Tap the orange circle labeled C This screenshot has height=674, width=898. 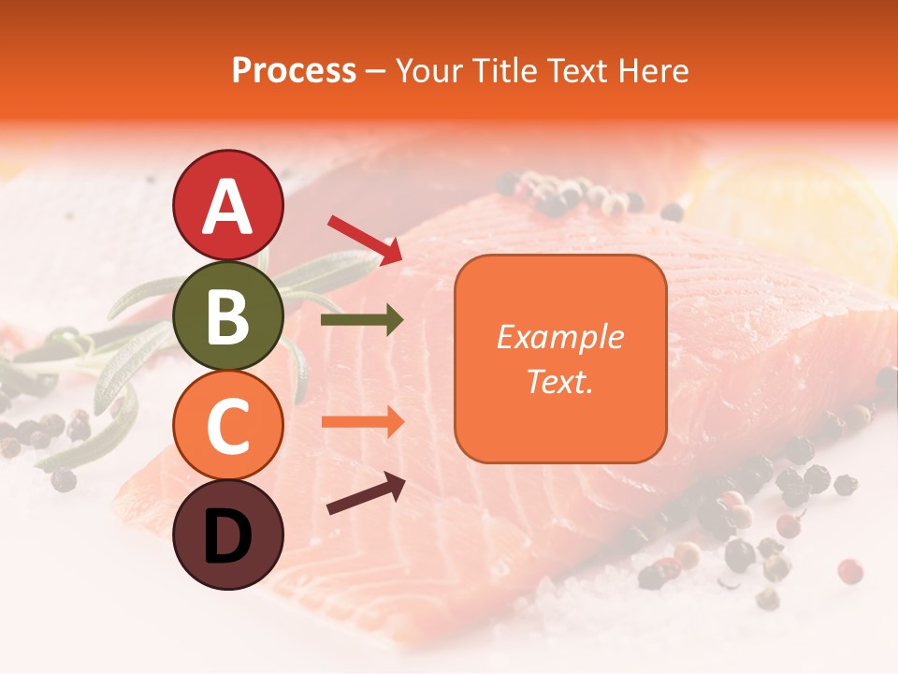click(x=227, y=425)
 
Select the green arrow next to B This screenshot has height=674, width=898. click(x=362, y=321)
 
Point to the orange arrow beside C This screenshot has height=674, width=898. click(x=362, y=421)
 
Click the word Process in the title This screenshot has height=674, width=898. click(x=294, y=70)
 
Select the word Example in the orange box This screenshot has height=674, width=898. click(x=559, y=337)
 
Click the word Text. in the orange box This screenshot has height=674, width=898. click(x=559, y=381)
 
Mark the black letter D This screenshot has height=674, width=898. click(x=227, y=537)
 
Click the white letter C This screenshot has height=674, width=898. click(x=227, y=427)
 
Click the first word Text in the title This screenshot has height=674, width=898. click(x=578, y=70)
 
